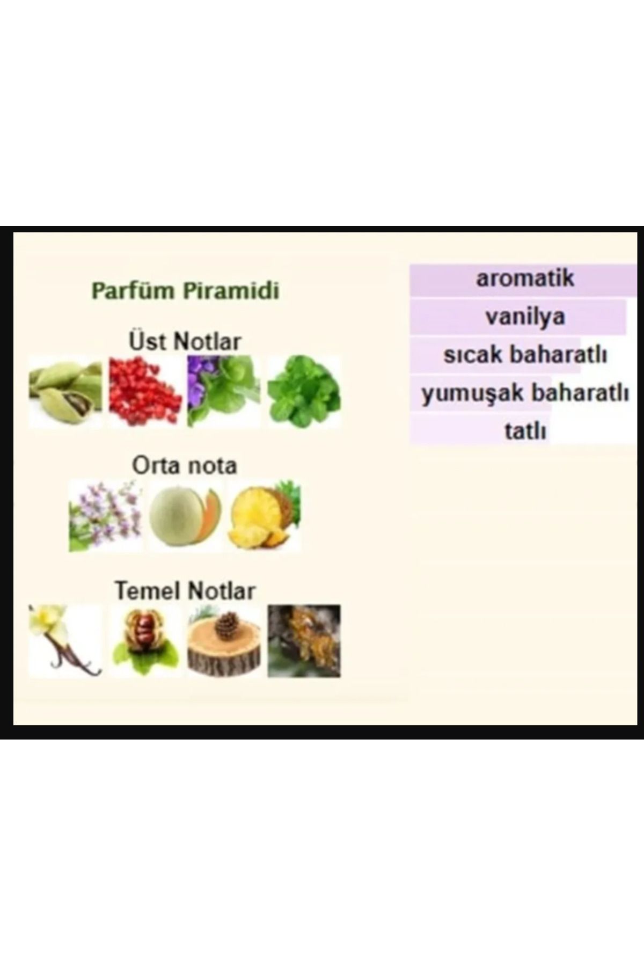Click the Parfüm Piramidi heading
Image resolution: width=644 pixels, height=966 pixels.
(185, 291)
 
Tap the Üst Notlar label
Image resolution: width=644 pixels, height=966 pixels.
(185, 341)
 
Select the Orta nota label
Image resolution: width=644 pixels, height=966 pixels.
(184, 465)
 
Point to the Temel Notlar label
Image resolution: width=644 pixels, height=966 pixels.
(185, 590)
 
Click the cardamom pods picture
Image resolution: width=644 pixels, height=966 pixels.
(65, 391)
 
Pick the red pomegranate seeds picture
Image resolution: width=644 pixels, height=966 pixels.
(145, 391)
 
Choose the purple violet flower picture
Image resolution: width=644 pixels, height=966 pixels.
(224, 391)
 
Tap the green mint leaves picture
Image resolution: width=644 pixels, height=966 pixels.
(304, 391)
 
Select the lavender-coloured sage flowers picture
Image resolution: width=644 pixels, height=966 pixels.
(105, 516)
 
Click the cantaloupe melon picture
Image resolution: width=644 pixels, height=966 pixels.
(185, 516)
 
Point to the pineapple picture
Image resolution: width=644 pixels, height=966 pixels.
(264, 516)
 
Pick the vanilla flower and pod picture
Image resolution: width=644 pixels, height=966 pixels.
(65, 641)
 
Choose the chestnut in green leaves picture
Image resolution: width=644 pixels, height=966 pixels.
(145, 641)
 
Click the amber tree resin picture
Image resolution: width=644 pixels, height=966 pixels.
(304, 641)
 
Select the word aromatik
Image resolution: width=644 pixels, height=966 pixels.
(525, 278)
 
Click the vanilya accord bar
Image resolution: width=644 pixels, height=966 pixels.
(518, 317)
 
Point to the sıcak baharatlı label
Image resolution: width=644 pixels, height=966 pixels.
(525, 355)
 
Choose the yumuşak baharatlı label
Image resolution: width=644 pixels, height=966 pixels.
(525, 393)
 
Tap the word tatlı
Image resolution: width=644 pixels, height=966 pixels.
(525, 431)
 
